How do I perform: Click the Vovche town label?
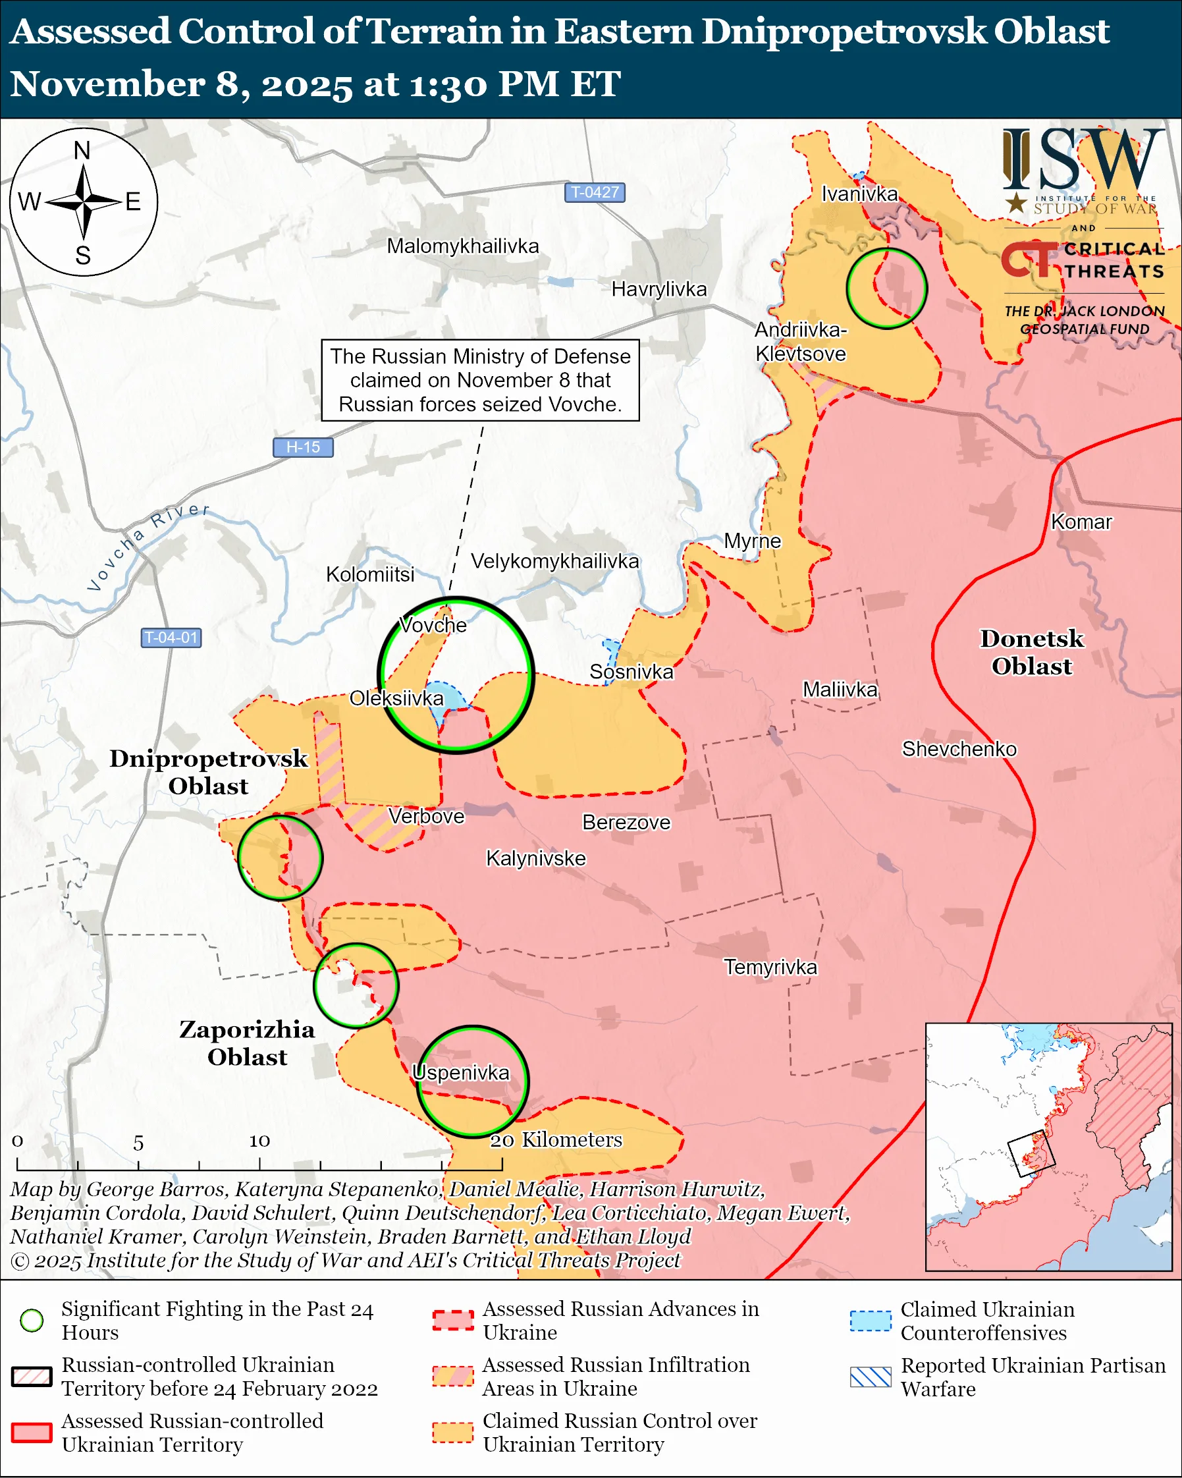(433, 625)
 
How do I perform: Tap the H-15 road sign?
(303, 447)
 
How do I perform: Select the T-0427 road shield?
(594, 192)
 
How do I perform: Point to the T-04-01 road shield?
(171, 638)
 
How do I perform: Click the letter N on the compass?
(82, 150)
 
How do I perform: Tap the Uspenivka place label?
(461, 1073)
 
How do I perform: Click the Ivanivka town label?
(859, 194)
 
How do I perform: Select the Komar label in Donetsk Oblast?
(1081, 522)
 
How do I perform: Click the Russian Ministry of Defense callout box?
(480, 381)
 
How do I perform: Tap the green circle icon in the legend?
(32, 1321)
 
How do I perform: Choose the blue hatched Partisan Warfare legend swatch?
(871, 1377)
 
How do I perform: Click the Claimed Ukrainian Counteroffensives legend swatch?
(871, 1321)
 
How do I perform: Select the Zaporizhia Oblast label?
(248, 1043)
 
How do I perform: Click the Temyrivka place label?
(771, 968)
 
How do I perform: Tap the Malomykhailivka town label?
(462, 246)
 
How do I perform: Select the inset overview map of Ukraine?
(1048, 1147)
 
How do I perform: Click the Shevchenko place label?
(959, 749)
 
